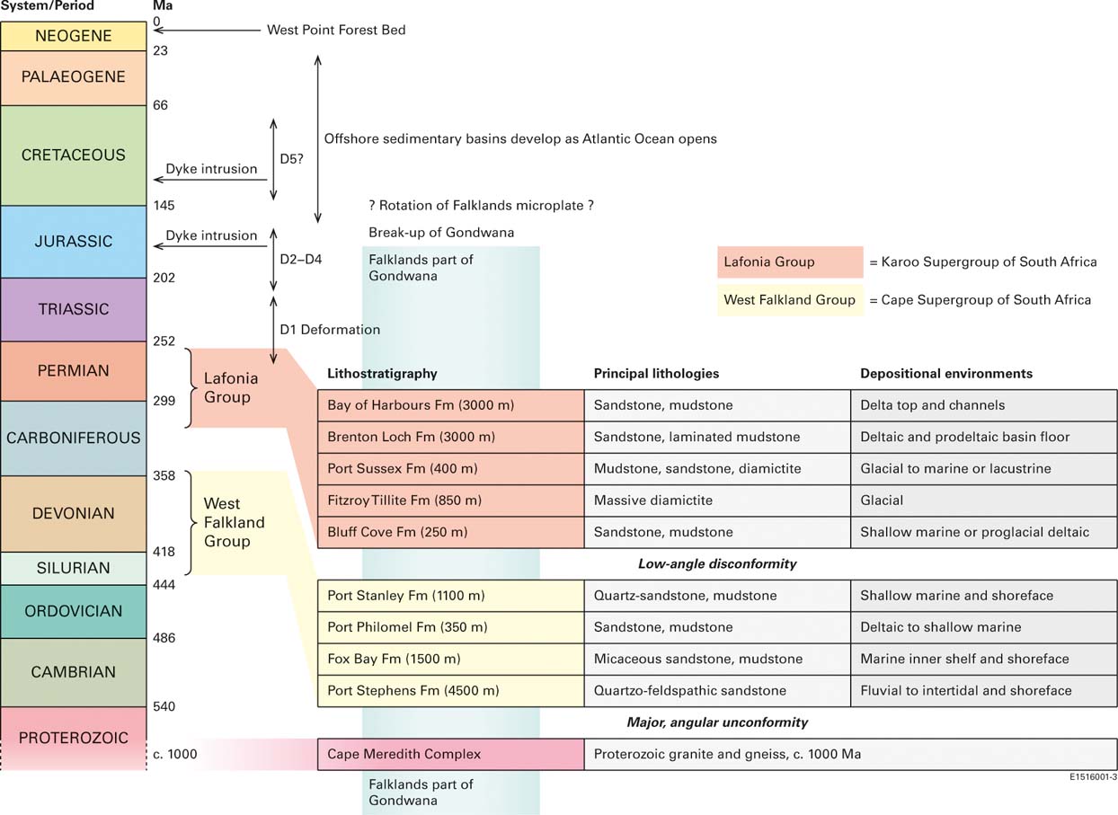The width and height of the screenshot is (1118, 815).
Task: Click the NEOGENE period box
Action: pyautogui.click(x=73, y=36)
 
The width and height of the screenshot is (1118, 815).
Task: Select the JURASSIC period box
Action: pyautogui.click(x=73, y=241)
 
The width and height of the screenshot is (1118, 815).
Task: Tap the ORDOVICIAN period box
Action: pyautogui.click(x=73, y=611)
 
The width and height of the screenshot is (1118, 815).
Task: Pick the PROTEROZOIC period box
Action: pyautogui.click(x=73, y=738)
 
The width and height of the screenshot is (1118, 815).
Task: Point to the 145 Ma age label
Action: pyautogui.click(x=164, y=206)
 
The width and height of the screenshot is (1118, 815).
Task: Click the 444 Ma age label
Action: pyautogui.click(x=164, y=585)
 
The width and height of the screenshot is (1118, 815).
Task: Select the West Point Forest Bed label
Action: pyautogui.click(x=336, y=30)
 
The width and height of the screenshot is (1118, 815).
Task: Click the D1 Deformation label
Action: pyautogui.click(x=330, y=330)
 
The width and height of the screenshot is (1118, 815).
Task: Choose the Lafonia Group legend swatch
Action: pyautogui.click(x=790, y=262)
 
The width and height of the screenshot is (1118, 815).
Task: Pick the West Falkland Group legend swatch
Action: pyautogui.click(x=790, y=300)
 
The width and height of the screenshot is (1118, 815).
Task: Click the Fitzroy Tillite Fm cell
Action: pyautogui.click(x=450, y=500)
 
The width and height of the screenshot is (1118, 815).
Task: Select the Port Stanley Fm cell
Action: pyautogui.click(x=450, y=596)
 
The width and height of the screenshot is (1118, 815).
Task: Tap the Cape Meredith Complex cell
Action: pyautogui.click(x=450, y=754)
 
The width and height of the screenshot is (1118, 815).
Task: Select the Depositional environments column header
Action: pyautogui.click(x=946, y=374)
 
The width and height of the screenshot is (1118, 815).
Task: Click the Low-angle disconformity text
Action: pyautogui.click(x=717, y=564)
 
